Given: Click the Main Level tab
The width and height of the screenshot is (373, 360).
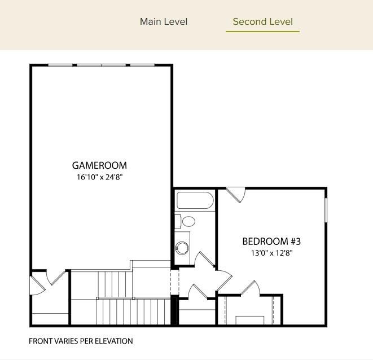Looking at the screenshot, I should coord(164,22).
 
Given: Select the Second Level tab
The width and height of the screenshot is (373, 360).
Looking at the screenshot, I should coord(262,22).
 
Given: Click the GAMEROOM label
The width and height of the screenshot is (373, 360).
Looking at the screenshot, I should coord(99,165).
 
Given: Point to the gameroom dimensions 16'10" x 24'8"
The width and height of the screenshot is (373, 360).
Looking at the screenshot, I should coord(99,177).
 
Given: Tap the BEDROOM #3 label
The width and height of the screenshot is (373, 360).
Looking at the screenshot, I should coord(271,242).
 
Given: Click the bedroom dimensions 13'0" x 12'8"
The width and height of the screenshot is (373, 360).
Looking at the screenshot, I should coord(271,253).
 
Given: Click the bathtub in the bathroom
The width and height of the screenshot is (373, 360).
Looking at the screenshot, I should coord(195,201).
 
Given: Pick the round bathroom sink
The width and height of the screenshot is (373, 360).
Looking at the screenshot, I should coord(182,247).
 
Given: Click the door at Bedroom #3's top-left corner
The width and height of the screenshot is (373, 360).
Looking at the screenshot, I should coord(236,195).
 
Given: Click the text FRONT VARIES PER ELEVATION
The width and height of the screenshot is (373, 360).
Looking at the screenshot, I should coord(81,341).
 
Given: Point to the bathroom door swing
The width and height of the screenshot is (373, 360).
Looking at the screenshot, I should coord(205,260).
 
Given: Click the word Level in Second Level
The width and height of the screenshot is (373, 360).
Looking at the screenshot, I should coord(280,22).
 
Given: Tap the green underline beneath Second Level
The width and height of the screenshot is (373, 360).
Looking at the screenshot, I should coord(262,32).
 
